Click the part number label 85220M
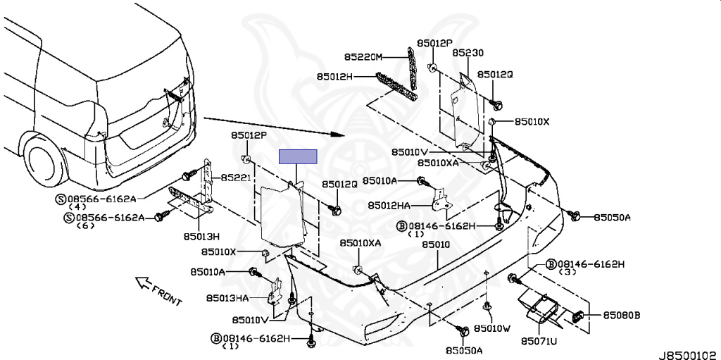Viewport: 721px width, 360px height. [x=363, y=57]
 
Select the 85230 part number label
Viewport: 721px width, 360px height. [x=468, y=53]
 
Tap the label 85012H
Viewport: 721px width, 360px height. [x=334, y=76]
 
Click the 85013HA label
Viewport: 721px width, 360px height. [x=228, y=299]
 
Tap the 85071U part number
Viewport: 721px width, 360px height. [x=539, y=342]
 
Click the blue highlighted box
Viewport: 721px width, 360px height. [x=298, y=157]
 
